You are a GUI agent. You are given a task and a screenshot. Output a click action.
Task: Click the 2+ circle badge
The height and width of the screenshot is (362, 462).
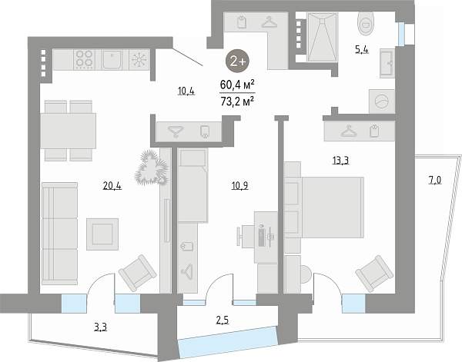[x=237, y=61]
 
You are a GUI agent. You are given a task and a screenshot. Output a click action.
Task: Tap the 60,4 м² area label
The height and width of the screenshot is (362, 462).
[x=237, y=85]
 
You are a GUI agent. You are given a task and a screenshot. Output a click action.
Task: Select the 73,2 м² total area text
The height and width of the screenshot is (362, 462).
[x=237, y=101]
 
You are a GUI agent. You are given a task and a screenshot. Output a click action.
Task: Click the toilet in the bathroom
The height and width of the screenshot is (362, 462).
[x=365, y=23]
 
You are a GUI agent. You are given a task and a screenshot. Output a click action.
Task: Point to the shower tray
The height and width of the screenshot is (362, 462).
[x=322, y=37]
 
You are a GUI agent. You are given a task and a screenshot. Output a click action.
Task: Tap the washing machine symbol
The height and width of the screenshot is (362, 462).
[x=382, y=101]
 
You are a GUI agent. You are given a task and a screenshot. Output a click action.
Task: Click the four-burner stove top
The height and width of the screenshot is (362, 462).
[x=85, y=59]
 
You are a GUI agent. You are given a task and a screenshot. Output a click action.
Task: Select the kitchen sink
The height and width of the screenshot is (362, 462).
[x=112, y=59]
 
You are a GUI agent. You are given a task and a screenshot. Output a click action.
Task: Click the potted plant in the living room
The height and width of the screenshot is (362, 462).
[x=152, y=168]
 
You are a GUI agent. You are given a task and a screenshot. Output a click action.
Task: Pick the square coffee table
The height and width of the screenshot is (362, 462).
[x=102, y=234]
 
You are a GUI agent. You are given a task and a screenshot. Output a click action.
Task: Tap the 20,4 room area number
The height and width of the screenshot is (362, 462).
[x=112, y=186]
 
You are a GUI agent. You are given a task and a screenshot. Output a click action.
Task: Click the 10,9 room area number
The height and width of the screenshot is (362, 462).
[x=239, y=186]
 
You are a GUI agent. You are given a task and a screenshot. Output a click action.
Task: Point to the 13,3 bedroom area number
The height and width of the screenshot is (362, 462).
[x=340, y=161]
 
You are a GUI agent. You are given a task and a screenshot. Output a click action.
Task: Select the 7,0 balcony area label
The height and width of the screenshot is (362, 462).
[x=434, y=180]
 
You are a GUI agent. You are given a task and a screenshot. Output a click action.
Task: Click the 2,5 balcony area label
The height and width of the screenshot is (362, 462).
[x=223, y=320]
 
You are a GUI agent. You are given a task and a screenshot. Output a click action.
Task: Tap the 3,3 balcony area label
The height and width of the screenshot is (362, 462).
[x=100, y=327]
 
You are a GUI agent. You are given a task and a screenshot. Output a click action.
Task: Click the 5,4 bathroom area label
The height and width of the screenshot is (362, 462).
[x=362, y=50]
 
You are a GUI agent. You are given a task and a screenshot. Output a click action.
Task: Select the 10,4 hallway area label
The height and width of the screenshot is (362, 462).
[x=186, y=91]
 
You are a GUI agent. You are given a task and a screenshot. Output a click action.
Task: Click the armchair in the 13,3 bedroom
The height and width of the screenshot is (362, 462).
[x=374, y=273]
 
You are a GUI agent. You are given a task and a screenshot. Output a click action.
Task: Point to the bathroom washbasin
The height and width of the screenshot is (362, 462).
[x=387, y=63]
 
